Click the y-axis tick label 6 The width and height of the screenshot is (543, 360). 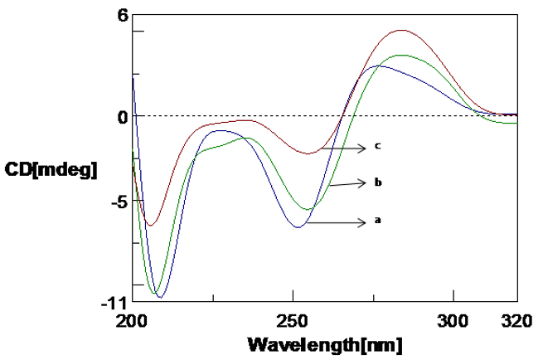point(120,16)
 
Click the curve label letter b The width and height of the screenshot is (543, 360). point(377,182)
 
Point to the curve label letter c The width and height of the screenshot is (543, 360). point(377,146)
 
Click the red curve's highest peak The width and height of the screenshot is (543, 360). point(402,30)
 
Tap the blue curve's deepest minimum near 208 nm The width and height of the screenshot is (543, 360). point(160,296)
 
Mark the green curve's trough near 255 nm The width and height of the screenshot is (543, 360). point(307,209)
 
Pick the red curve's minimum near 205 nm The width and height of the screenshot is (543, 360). point(151,225)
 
